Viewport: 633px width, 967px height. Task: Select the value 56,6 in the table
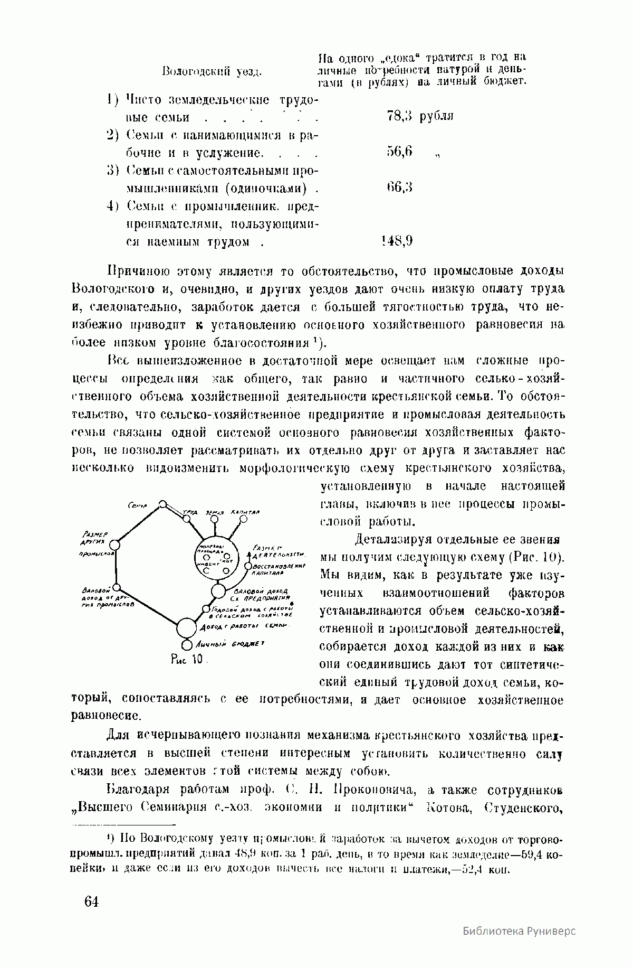click(x=399, y=152)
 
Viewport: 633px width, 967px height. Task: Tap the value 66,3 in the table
click(x=399, y=187)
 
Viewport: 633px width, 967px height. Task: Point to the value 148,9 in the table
click(x=396, y=241)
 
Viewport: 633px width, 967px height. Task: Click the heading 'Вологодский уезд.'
click(x=212, y=71)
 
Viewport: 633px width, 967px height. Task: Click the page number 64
click(x=91, y=902)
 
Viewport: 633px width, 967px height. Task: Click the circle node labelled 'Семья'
click(x=164, y=504)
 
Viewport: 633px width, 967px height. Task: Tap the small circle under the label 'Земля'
click(x=215, y=519)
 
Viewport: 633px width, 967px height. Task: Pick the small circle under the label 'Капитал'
click(x=243, y=519)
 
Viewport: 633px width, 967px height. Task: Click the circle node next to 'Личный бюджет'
click(x=186, y=645)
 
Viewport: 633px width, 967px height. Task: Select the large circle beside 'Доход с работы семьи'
click(x=186, y=628)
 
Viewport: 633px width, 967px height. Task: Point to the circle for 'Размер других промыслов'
click(x=115, y=544)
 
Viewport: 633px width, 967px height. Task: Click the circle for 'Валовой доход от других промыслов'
click(x=117, y=587)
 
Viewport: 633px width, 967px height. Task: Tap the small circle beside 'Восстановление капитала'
click(x=248, y=566)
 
